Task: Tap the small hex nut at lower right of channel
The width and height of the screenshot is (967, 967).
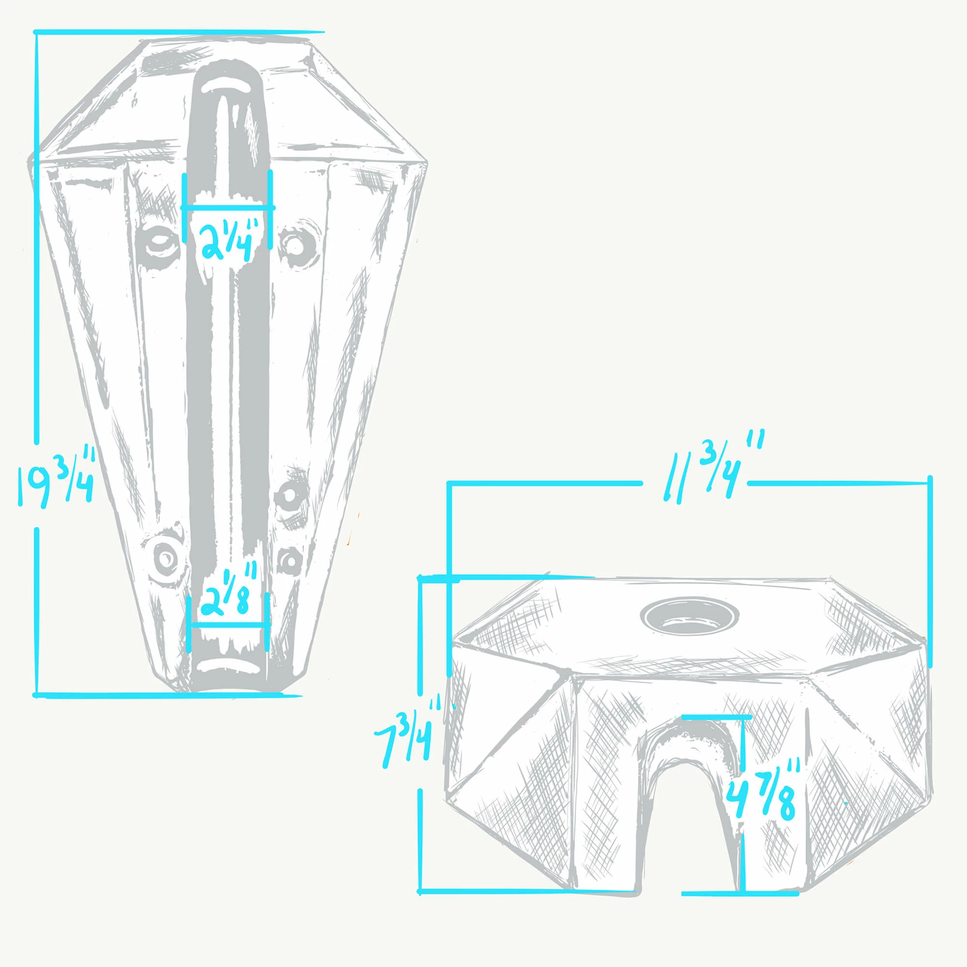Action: tap(289, 560)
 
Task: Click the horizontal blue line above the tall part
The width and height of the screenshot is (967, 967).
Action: tap(180, 32)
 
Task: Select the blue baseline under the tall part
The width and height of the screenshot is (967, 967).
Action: tap(168, 695)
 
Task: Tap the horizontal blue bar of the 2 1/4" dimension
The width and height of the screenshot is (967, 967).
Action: tap(228, 207)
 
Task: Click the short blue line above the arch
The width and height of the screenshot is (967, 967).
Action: tap(716, 717)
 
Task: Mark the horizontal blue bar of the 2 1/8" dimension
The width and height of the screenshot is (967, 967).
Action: tap(228, 624)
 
